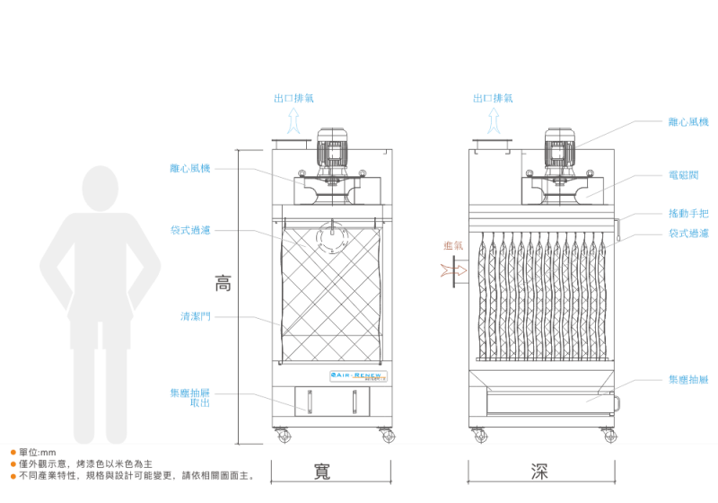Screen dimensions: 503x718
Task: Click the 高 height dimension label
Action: click(223, 283)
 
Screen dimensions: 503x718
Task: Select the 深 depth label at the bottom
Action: click(539, 472)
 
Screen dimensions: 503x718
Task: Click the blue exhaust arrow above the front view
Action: click(293, 121)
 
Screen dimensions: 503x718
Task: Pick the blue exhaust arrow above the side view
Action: click(494, 121)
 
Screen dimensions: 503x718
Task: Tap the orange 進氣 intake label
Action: click(453, 245)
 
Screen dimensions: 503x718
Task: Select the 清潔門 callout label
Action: click(195, 316)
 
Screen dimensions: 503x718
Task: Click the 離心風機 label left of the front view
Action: click(189, 168)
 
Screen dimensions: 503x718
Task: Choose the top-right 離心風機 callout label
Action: click(688, 121)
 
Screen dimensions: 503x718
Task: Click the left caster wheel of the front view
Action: click(284, 436)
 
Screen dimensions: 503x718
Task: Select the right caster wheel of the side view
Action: click(609, 436)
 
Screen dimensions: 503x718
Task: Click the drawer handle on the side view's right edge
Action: click(617, 403)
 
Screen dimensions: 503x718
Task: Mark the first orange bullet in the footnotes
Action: click(13, 452)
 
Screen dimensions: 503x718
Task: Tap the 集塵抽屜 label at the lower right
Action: click(688, 380)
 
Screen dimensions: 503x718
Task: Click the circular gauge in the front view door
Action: click(331, 239)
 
